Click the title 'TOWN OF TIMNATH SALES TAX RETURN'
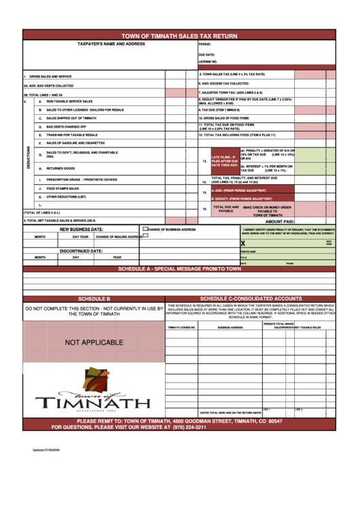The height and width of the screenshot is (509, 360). (179, 35)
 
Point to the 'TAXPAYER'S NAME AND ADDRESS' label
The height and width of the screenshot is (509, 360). (111, 43)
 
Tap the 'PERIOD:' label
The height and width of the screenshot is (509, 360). (205, 43)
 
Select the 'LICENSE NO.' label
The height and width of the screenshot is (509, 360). (208, 61)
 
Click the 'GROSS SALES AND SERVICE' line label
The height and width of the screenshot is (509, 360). (50, 77)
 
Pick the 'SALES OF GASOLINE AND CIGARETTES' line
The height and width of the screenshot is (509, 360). (75, 143)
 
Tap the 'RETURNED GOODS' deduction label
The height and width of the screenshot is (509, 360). (60, 168)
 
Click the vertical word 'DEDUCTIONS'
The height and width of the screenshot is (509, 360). (29, 157)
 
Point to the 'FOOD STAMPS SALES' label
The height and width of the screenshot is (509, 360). (62, 188)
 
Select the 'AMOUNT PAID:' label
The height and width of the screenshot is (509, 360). (279, 222)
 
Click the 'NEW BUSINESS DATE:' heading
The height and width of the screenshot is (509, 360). (81, 230)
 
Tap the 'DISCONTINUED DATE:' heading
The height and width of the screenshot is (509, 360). (81, 251)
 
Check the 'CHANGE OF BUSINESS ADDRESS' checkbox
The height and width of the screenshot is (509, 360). (147, 230)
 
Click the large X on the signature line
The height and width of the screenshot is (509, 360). (243, 243)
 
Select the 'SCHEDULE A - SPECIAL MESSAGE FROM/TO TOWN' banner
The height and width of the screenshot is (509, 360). (179, 269)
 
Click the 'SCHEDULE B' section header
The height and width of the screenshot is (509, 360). (94, 298)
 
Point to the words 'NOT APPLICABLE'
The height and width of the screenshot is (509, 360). (94, 343)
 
